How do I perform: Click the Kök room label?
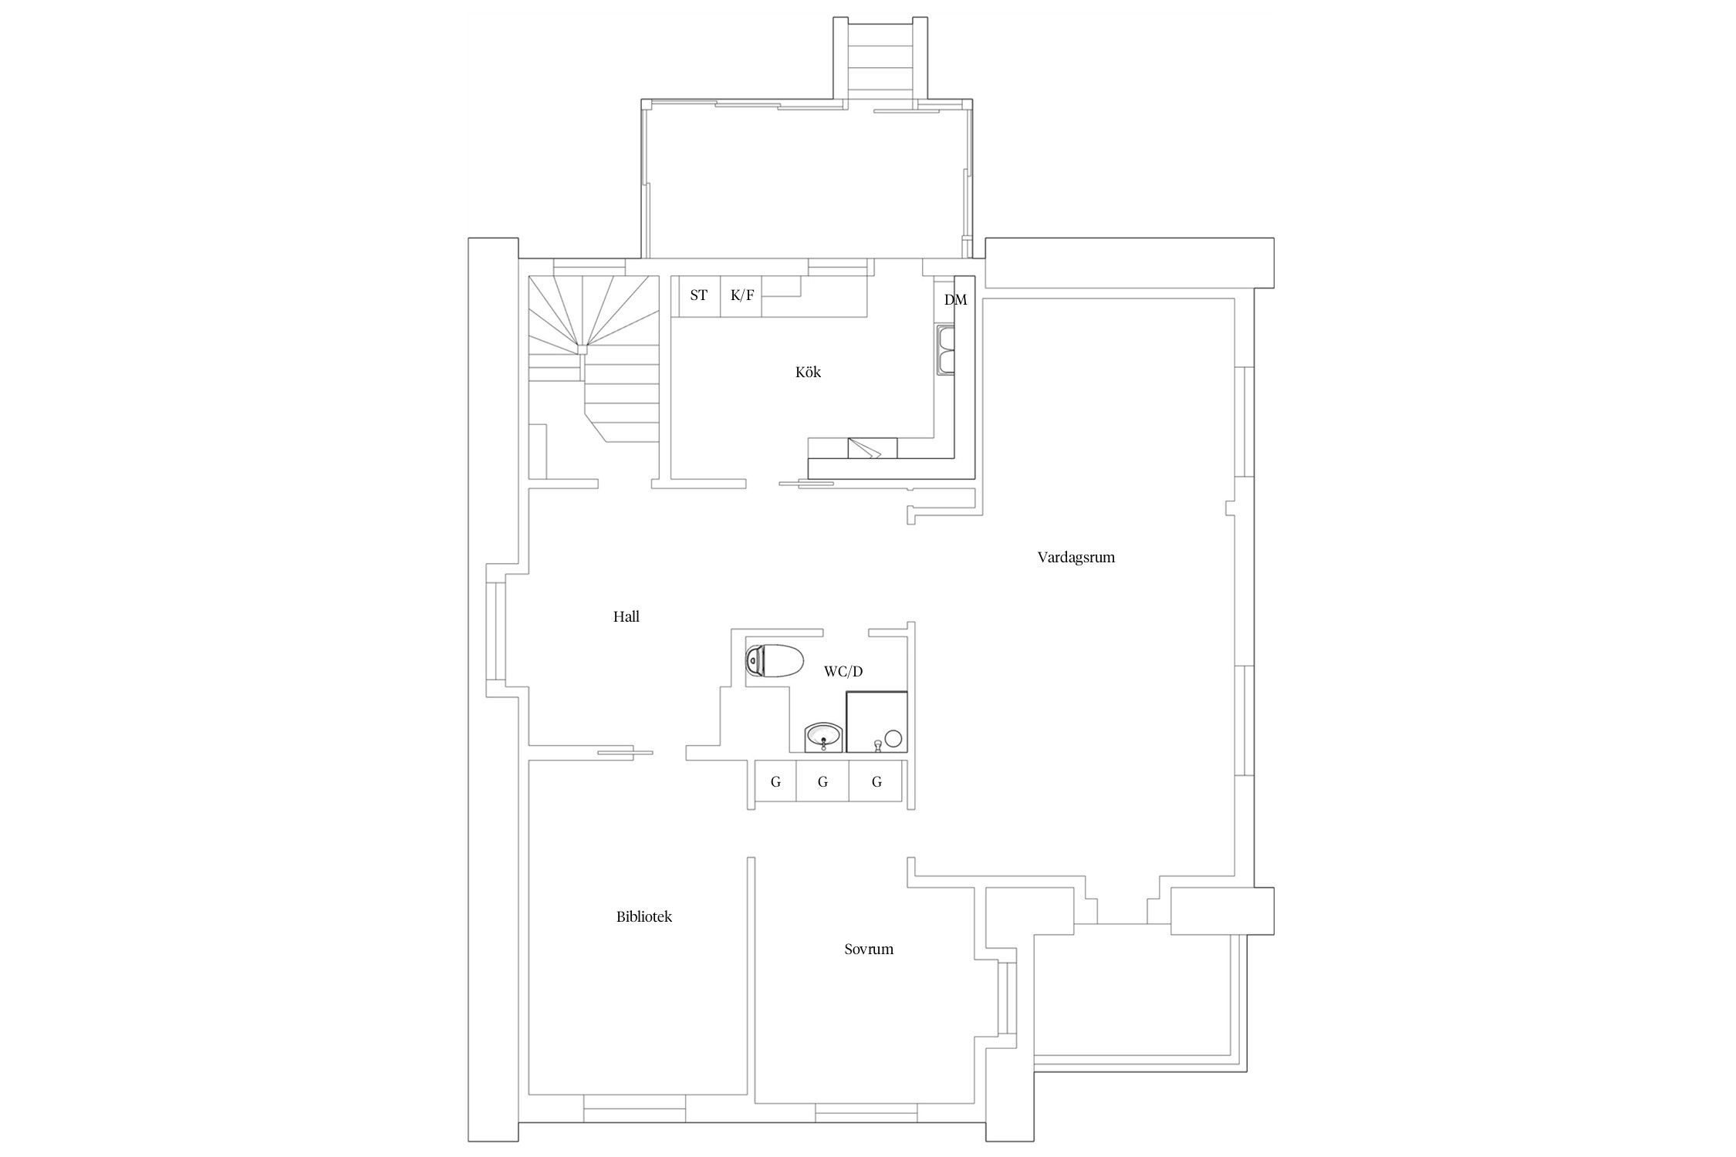tap(808, 373)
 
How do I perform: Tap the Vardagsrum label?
tap(1076, 557)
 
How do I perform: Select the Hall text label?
tap(626, 616)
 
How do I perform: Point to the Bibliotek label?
tap(644, 917)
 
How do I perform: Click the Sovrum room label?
tap(869, 949)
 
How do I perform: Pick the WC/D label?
tap(843, 671)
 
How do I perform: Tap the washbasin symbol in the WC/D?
tap(823, 736)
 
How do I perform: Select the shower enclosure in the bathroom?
tap(877, 722)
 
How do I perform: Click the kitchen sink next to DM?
tap(946, 350)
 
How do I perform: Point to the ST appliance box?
tap(699, 295)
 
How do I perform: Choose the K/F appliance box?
tap(741, 295)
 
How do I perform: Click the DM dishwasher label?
tap(955, 300)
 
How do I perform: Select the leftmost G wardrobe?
tap(775, 781)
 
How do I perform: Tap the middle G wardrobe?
tap(822, 781)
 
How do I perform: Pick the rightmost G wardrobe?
tap(876, 781)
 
